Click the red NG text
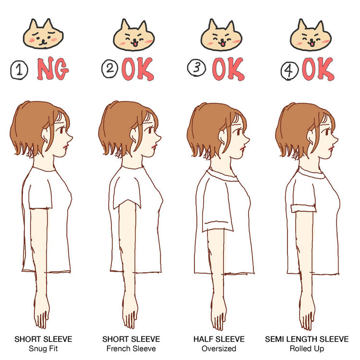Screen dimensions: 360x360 [53, 69]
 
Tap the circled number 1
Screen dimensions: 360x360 [19, 70]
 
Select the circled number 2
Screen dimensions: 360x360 [109, 69]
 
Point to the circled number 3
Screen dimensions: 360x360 [196, 68]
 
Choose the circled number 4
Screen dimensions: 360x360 [289, 71]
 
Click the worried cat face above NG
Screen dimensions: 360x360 [43, 34]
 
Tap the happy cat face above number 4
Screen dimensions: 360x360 [311, 35]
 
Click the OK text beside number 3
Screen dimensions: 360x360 [228, 69]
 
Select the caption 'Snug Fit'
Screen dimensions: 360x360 [43, 348]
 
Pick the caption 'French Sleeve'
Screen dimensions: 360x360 [131, 348]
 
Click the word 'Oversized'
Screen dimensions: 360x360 [219, 348]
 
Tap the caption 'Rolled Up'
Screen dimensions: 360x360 [307, 348]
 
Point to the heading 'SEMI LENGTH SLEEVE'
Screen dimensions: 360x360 [307, 339]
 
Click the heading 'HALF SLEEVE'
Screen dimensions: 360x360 [219, 339]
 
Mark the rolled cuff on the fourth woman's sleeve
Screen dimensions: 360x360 [303, 208]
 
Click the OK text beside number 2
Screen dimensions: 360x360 [138, 69]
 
